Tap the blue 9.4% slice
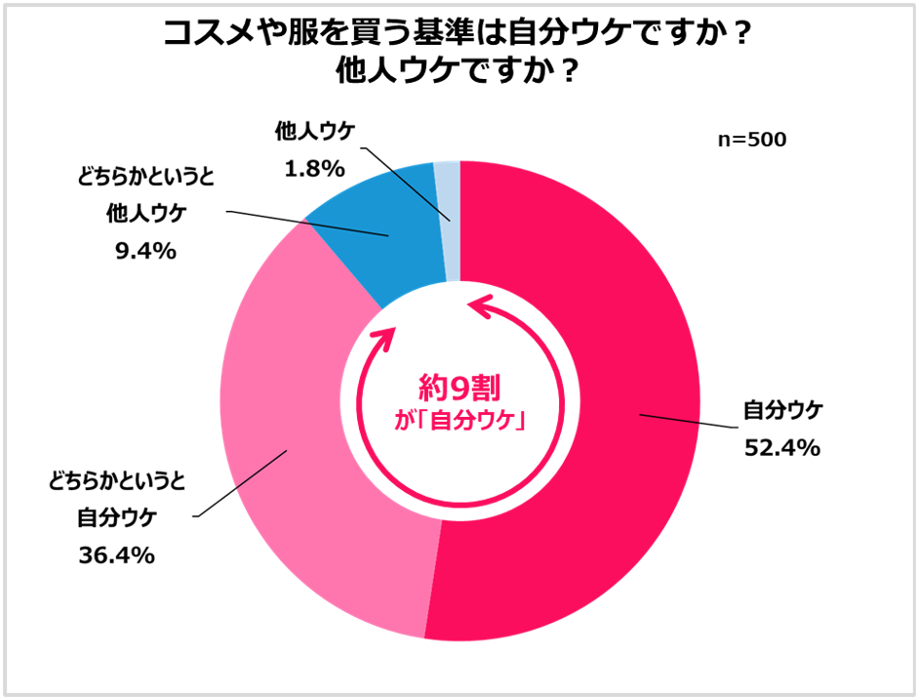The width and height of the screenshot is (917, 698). (366, 234)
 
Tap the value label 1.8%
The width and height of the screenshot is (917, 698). (314, 169)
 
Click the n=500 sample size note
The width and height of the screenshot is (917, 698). (751, 140)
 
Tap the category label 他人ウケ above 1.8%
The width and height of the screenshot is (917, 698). (315, 131)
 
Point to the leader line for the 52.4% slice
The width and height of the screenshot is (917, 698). (688, 422)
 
